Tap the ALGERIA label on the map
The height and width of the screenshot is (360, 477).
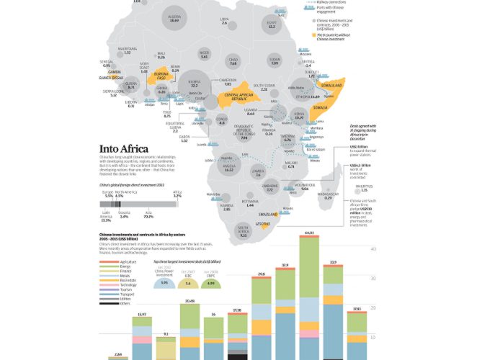click(174, 16)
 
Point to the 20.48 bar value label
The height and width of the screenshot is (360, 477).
click(191, 301)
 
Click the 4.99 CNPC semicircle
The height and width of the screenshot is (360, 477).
click(211, 283)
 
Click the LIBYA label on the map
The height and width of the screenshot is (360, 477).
click(224, 19)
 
